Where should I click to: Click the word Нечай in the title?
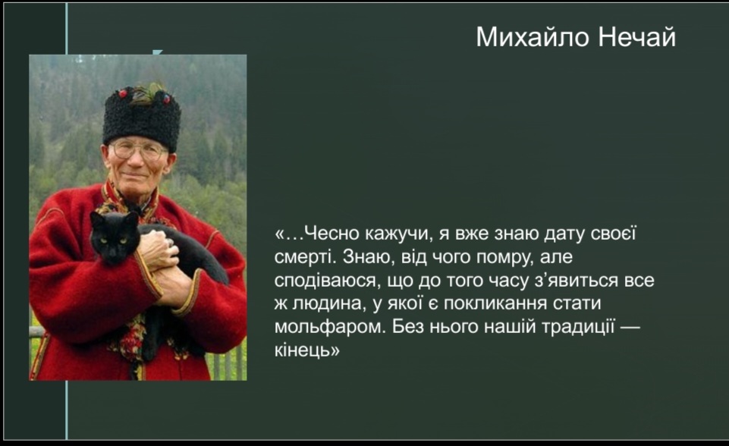tap(636, 36)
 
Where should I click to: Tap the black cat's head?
tap(115, 237)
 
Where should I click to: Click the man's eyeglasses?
tap(137, 149)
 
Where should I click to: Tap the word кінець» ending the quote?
tap(307, 350)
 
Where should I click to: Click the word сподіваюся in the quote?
tap(325, 281)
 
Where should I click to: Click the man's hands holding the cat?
tap(163, 265)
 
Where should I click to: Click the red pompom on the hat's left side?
tap(123, 93)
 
